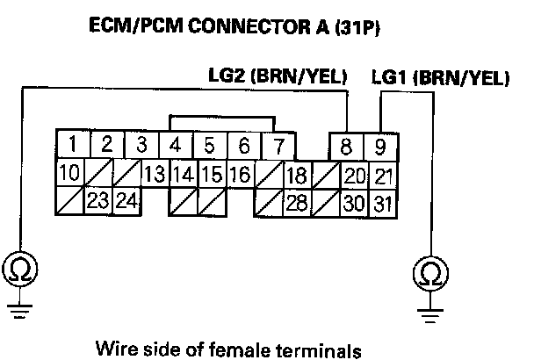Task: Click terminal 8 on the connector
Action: point(348,144)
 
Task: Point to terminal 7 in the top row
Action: point(278,144)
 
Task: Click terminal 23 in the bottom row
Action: point(97,202)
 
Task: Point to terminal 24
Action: point(126,202)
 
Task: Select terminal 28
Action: point(297,202)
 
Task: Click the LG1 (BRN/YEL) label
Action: point(441,77)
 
